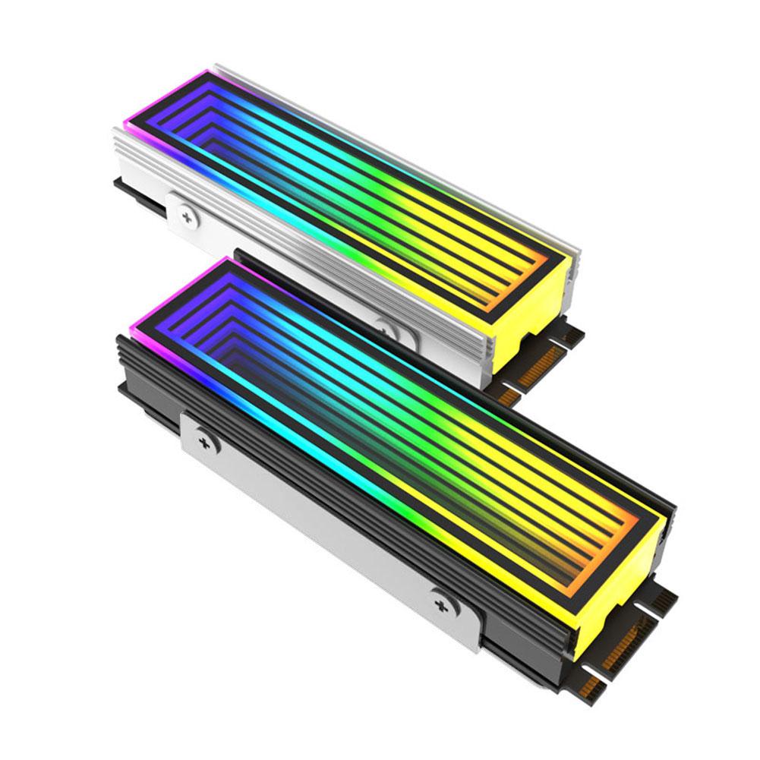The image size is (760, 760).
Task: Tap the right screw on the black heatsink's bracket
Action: [440, 604]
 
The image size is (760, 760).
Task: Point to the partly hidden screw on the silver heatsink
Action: [388, 330]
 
